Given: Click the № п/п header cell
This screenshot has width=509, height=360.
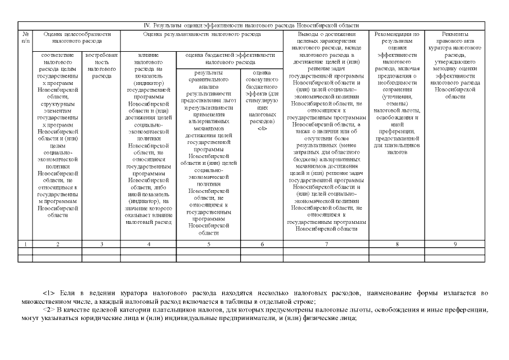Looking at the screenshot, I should (25, 38).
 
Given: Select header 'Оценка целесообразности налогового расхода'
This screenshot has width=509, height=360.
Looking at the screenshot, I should (76, 38).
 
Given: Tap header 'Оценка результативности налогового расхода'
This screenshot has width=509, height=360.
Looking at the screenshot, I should (202, 34).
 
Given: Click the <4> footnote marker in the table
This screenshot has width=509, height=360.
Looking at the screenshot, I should (262, 128).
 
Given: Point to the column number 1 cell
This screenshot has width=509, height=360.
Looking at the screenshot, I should (25, 244).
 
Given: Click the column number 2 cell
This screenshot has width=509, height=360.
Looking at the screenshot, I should (57, 244).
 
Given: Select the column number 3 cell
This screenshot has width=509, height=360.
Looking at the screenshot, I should (101, 244).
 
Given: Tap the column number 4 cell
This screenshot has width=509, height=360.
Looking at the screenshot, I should (148, 244).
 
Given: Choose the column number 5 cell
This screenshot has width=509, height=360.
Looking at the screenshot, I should (209, 244).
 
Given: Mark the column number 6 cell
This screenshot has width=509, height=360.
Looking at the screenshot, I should (262, 244).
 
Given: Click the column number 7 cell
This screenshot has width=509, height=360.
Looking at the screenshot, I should (326, 244).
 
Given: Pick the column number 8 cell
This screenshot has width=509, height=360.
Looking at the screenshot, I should (397, 244).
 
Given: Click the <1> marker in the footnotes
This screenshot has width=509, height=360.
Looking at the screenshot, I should (48, 294).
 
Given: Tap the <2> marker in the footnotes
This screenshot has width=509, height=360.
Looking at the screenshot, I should (48, 310).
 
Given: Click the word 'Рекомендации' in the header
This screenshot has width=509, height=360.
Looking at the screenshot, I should (397, 34).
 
